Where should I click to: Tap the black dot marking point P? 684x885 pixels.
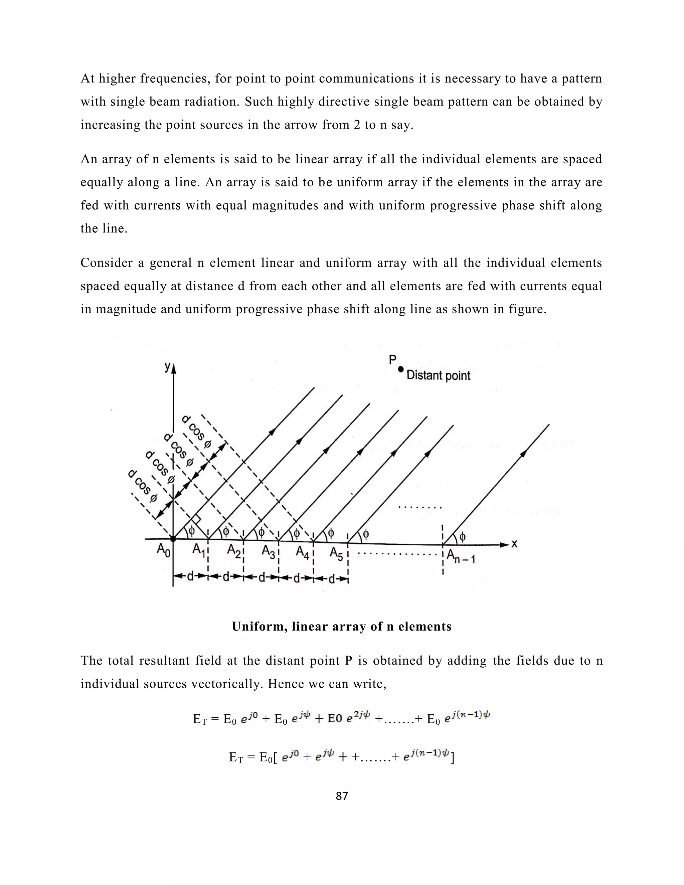(x=401, y=369)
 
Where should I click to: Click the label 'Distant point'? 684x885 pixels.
(x=438, y=375)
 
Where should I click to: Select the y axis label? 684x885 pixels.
(x=167, y=366)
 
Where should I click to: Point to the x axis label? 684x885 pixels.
(x=514, y=544)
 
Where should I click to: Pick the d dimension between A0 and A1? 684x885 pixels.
(x=190, y=577)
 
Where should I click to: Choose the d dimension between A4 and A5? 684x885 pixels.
(x=331, y=579)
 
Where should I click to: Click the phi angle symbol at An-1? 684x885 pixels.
(x=462, y=537)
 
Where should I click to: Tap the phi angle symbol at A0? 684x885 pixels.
(x=192, y=530)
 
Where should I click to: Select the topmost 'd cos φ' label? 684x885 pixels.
(x=196, y=432)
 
